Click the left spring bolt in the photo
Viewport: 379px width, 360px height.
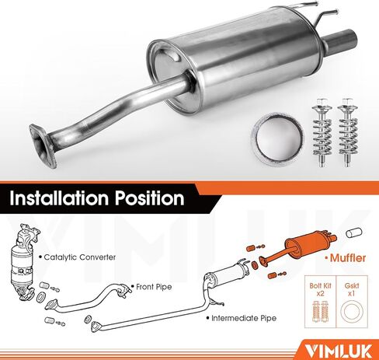tap(320, 131)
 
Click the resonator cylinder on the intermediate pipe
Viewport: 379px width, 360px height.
tap(227, 277)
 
